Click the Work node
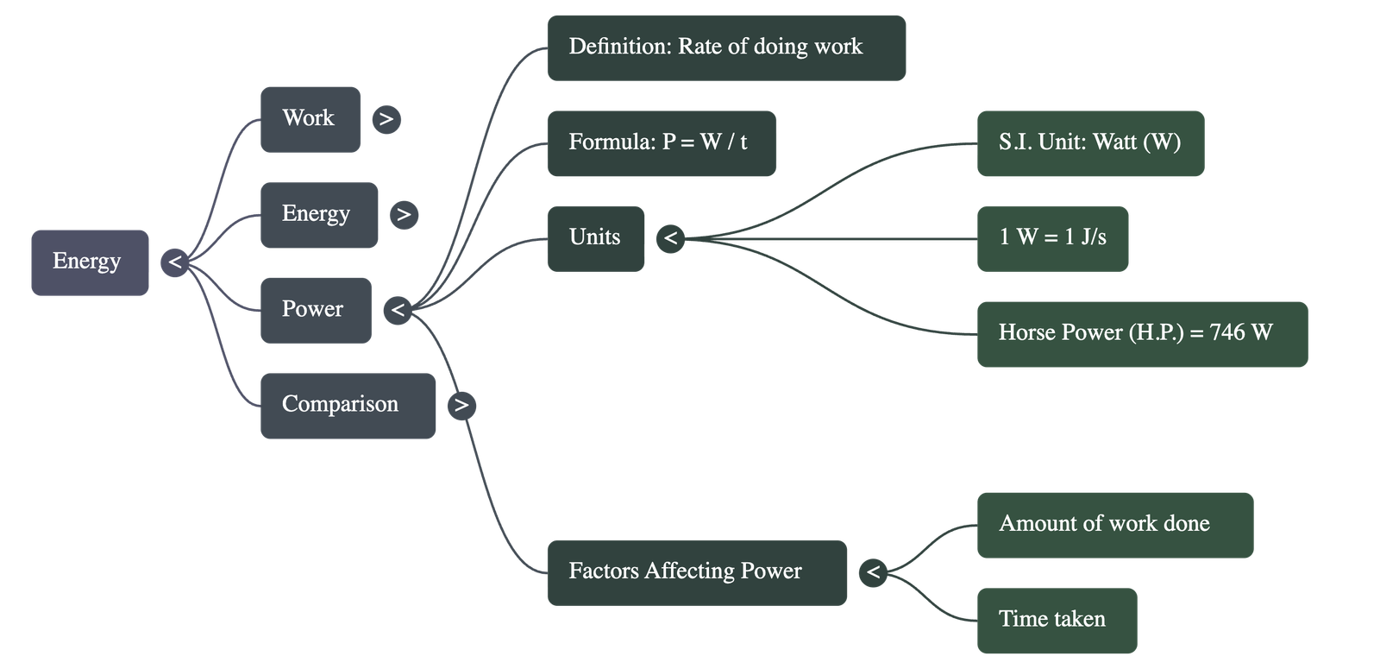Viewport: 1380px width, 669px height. pos(310,119)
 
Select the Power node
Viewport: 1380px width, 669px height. pos(315,310)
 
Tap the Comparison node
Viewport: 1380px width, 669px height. pos(347,406)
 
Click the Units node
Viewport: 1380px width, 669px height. pos(595,238)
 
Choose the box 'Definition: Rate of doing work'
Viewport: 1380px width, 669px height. pos(725,48)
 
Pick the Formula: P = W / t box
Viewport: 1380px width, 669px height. pos(661,143)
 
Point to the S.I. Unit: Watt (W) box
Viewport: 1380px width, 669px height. pos(1089,143)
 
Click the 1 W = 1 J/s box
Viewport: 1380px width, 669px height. pos(1051,238)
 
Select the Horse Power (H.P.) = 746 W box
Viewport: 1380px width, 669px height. pos(1141,333)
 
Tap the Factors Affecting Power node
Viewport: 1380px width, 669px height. pos(695,572)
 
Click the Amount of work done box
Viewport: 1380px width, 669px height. pos(1113,525)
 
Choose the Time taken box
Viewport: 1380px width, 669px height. pos(1056,620)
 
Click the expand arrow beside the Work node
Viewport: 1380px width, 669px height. pos(386,119)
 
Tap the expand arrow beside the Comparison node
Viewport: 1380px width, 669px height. pos(461,406)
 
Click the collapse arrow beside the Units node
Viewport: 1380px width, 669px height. pos(670,238)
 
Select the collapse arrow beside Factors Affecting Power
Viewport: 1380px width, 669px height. pos(873,572)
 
